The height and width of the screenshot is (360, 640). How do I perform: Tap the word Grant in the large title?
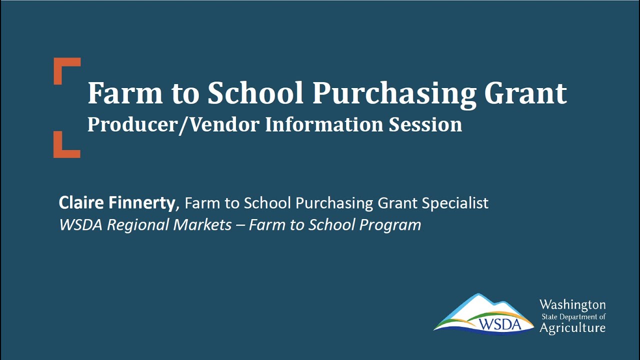526,93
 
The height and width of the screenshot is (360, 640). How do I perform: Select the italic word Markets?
202,225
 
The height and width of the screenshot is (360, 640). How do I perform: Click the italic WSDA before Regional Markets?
81,225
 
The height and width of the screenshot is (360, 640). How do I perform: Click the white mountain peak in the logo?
480,305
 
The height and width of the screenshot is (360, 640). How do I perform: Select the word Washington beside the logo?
572,304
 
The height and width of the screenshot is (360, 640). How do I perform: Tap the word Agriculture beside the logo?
572,328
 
